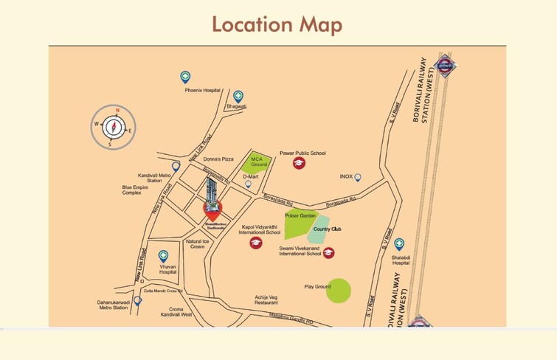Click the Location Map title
pos(277,24)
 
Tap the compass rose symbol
pos(113,127)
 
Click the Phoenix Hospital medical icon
pos(185,77)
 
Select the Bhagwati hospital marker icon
pos(238,96)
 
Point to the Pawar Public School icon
pos(299,163)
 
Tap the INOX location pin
pos(358,177)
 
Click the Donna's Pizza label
pos(218,159)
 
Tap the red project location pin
pos(212,210)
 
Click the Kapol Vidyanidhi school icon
pos(255,243)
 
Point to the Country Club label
pos(327,230)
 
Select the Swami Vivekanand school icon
pos(329,252)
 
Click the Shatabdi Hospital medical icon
pos(399,243)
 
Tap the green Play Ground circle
pos(339,291)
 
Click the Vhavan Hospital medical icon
pos(163,256)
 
